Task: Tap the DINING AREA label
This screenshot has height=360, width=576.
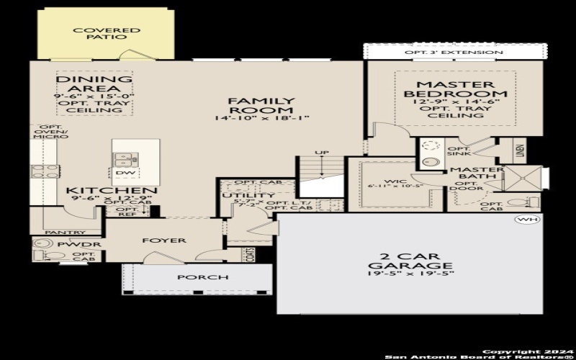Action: point(94,84)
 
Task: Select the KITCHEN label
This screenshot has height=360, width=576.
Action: point(102,192)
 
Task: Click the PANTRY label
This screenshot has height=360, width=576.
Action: point(65,233)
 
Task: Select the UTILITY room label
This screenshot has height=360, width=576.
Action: point(238,196)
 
